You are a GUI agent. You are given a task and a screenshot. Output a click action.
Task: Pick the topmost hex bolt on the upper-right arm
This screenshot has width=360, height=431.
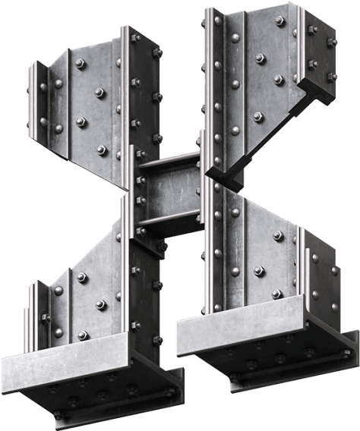pos(279,20)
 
